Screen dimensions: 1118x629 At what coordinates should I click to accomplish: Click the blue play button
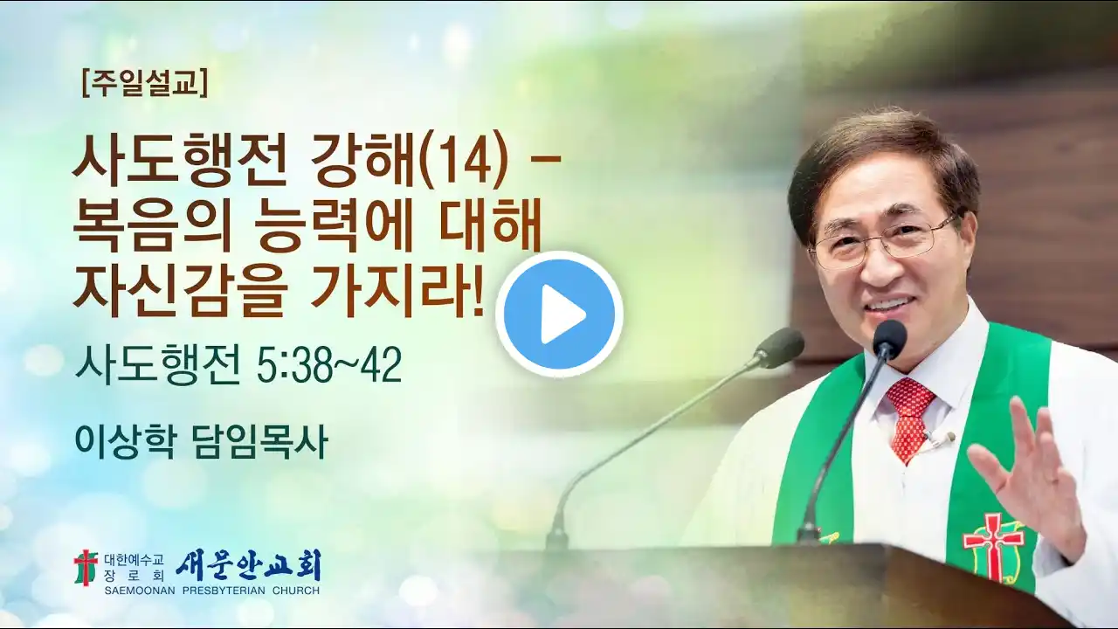click(x=559, y=314)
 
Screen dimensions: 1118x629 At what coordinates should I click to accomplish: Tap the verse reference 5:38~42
click(x=329, y=366)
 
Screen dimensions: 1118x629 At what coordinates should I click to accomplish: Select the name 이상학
click(x=125, y=442)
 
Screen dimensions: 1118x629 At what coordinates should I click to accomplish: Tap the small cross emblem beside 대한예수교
click(x=86, y=567)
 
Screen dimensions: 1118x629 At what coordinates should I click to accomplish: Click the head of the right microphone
click(x=889, y=336)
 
